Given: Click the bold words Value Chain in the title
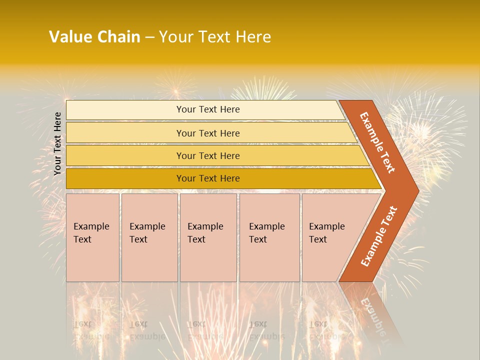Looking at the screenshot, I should click(94, 37).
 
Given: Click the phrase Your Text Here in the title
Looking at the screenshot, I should click(215, 37).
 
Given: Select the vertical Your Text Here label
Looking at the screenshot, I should click(57, 143).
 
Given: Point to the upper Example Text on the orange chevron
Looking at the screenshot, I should click(377, 142).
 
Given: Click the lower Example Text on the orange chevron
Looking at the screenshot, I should click(379, 236).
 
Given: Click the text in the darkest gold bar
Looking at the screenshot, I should click(208, 178).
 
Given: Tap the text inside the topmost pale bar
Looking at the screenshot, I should click(208, 109).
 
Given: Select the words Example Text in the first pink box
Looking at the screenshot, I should click(91, 232).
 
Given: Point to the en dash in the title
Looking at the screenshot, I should click(149, 37).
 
